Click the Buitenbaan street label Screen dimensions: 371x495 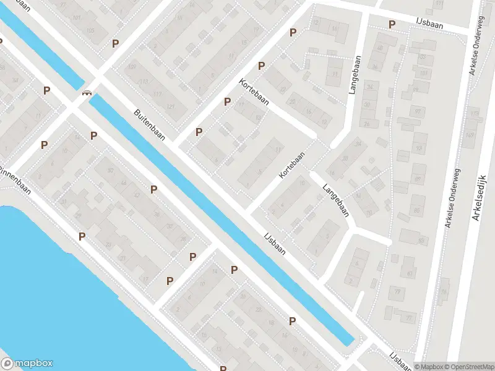pyautogui.click(x=149, y=125)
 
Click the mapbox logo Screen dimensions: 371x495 pyautogui.click(x=27, y=364)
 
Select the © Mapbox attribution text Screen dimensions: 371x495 pyautogui.click(x=427, y=367)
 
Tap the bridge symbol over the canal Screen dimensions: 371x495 pyautogui.click(x=87, y=93)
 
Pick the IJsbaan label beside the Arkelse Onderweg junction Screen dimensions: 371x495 pyautogui.click(x=429, y=25)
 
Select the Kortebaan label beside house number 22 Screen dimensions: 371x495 pyautogui.click(x=254, y=92)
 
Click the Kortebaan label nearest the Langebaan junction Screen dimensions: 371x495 pyautogui.click(x=292, y=166)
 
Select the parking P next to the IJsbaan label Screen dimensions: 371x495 pyautogui.click(x=392, y=25)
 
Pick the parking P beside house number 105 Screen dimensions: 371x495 pyautogui.click(x=115, y=43)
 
